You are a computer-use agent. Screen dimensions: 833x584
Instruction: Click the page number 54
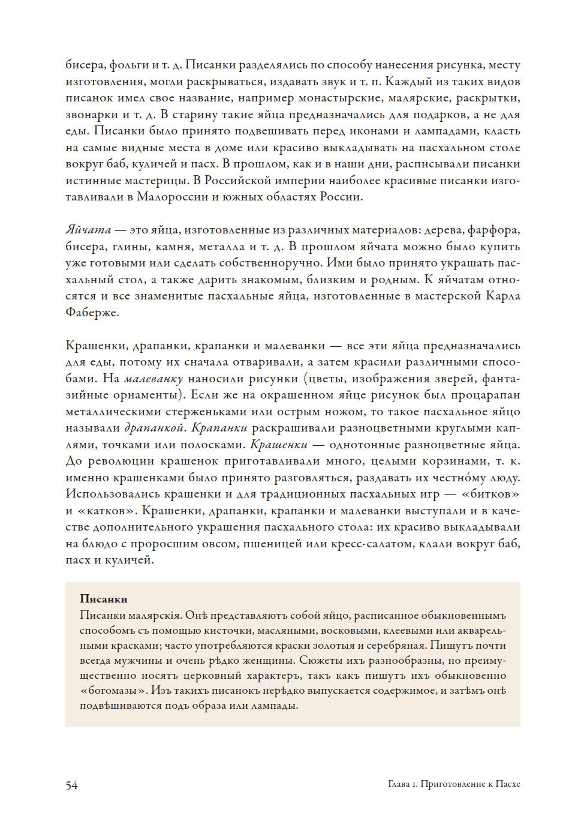[x=71, y=785]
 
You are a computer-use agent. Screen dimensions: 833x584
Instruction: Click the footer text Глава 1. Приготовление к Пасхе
[x=454, y=784]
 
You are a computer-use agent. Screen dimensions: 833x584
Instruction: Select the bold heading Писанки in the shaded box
[x=104, y=599]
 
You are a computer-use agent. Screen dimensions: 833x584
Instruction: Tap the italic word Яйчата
[x=88, y=230]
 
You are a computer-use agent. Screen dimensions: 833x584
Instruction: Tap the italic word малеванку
[x=153, y=379]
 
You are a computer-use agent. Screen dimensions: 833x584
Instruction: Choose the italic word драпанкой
[x=153, y=428]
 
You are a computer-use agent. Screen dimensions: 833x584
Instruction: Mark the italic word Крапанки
[x=219, y=428]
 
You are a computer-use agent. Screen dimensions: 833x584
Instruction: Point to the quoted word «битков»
[x=490, y=494]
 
